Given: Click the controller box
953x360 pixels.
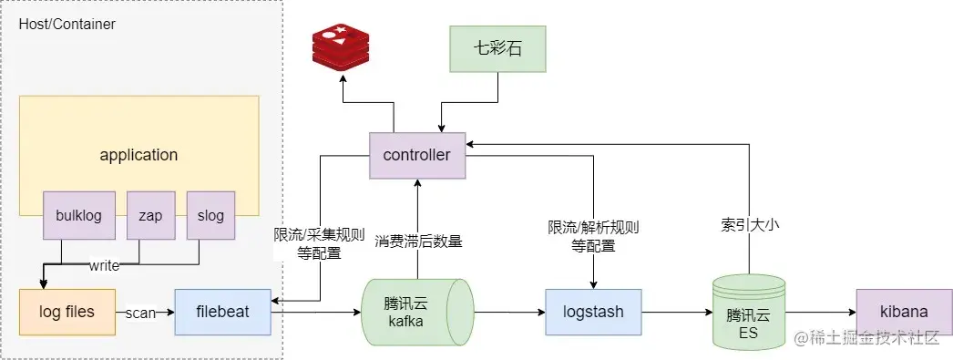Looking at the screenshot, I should (416, 155).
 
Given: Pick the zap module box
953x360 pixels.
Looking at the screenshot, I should (150, 216).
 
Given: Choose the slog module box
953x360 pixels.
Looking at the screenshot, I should (210, 216).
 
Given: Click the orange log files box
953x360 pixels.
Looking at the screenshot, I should (67, 312).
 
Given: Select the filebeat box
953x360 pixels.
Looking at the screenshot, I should (223, 312).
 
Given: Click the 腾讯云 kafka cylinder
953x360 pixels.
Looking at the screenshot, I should (415, 312).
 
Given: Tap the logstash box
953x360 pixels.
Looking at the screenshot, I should (593, 312).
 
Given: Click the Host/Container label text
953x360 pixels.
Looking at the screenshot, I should (67, 25).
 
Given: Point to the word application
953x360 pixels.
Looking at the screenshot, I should (138, 154).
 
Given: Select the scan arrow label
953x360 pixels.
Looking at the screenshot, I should (141, 312).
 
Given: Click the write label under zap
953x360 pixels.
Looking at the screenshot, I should (103, 266).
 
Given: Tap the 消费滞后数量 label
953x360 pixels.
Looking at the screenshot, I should (418, 242).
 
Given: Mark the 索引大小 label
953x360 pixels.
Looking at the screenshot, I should (748, 221).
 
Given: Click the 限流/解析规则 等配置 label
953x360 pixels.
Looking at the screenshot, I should (593, 235).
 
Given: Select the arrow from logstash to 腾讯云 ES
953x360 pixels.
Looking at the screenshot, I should (677, 312).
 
